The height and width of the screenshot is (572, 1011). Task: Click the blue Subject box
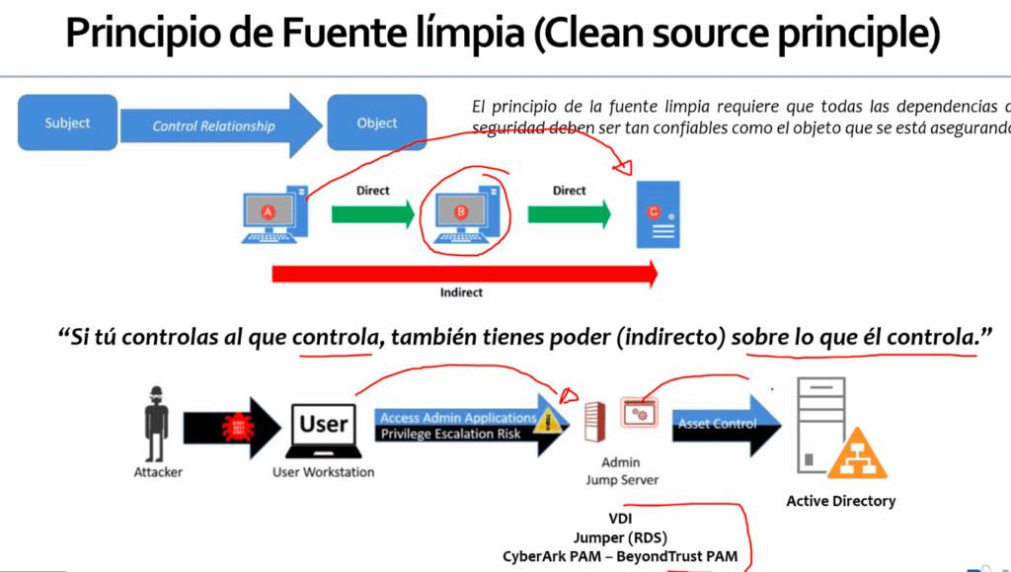[67, 123]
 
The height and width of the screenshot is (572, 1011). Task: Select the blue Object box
[377, 123]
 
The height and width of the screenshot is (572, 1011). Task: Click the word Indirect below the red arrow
[461, 292]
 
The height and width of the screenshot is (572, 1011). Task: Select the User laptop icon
[323, 429]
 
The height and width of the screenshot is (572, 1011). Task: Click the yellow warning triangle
[550, 421]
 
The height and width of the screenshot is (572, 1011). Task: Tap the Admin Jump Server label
[621, 471]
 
